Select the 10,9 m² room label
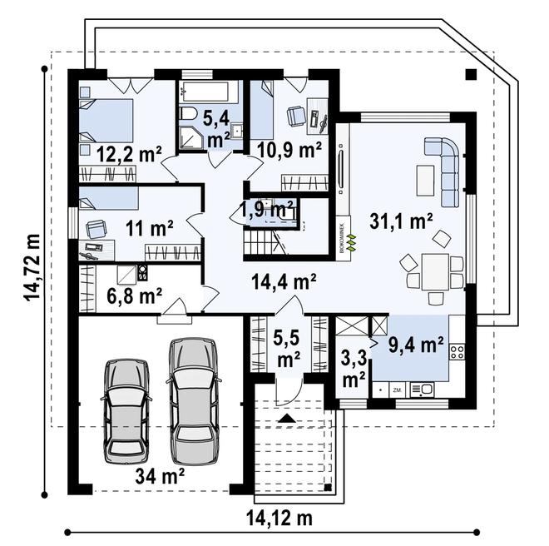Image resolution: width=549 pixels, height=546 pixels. [289, 150]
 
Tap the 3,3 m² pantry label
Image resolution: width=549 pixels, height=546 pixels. [354, 370]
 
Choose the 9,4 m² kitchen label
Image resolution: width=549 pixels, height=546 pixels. [416, 343]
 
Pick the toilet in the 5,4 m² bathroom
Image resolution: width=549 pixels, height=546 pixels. [188, 115]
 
